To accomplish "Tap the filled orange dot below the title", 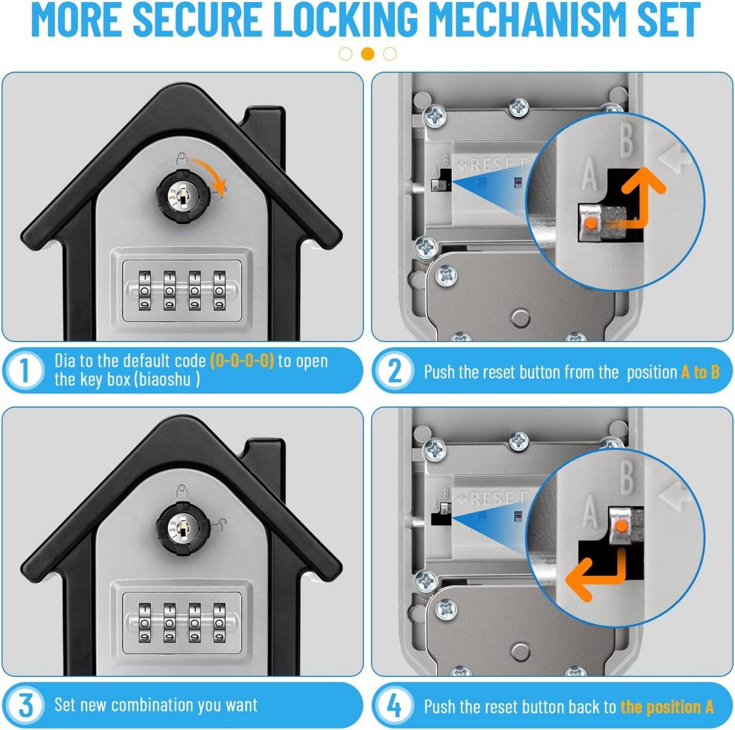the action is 368,54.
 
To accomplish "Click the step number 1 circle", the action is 24,370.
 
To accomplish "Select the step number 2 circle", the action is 395,371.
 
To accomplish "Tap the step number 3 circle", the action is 24,705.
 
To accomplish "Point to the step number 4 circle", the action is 395,706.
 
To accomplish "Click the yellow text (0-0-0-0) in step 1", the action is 242,361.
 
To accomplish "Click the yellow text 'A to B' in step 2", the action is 700,372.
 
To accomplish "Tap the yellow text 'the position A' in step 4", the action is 667,707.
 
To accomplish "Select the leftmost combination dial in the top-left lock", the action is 145,291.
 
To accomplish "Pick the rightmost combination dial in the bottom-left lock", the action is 220,623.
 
